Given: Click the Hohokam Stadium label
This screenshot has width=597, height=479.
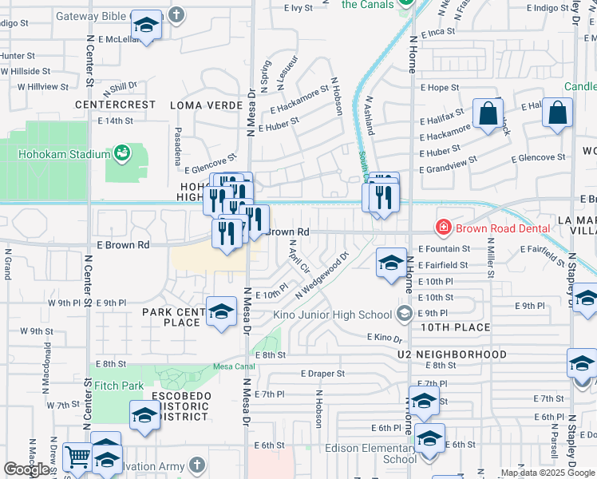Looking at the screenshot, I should [65, 154].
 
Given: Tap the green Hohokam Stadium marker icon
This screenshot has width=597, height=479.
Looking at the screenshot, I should [122, 152].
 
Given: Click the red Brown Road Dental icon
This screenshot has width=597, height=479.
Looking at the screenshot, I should [443, 228].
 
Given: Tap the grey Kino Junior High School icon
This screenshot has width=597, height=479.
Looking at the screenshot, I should [405, 314].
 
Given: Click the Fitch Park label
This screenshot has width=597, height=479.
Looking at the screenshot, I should [119, 386].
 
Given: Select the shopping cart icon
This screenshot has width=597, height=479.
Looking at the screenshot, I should [77, 457].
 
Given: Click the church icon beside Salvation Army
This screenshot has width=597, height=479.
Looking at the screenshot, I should [198, 465].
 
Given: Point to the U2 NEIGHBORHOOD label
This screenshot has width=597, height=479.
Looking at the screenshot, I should [452, 354].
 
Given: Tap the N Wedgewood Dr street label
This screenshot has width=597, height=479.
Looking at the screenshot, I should [322, 276].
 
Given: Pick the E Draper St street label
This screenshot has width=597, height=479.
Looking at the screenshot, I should [322, 373].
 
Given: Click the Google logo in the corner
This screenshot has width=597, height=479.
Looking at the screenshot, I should [26, 469].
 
